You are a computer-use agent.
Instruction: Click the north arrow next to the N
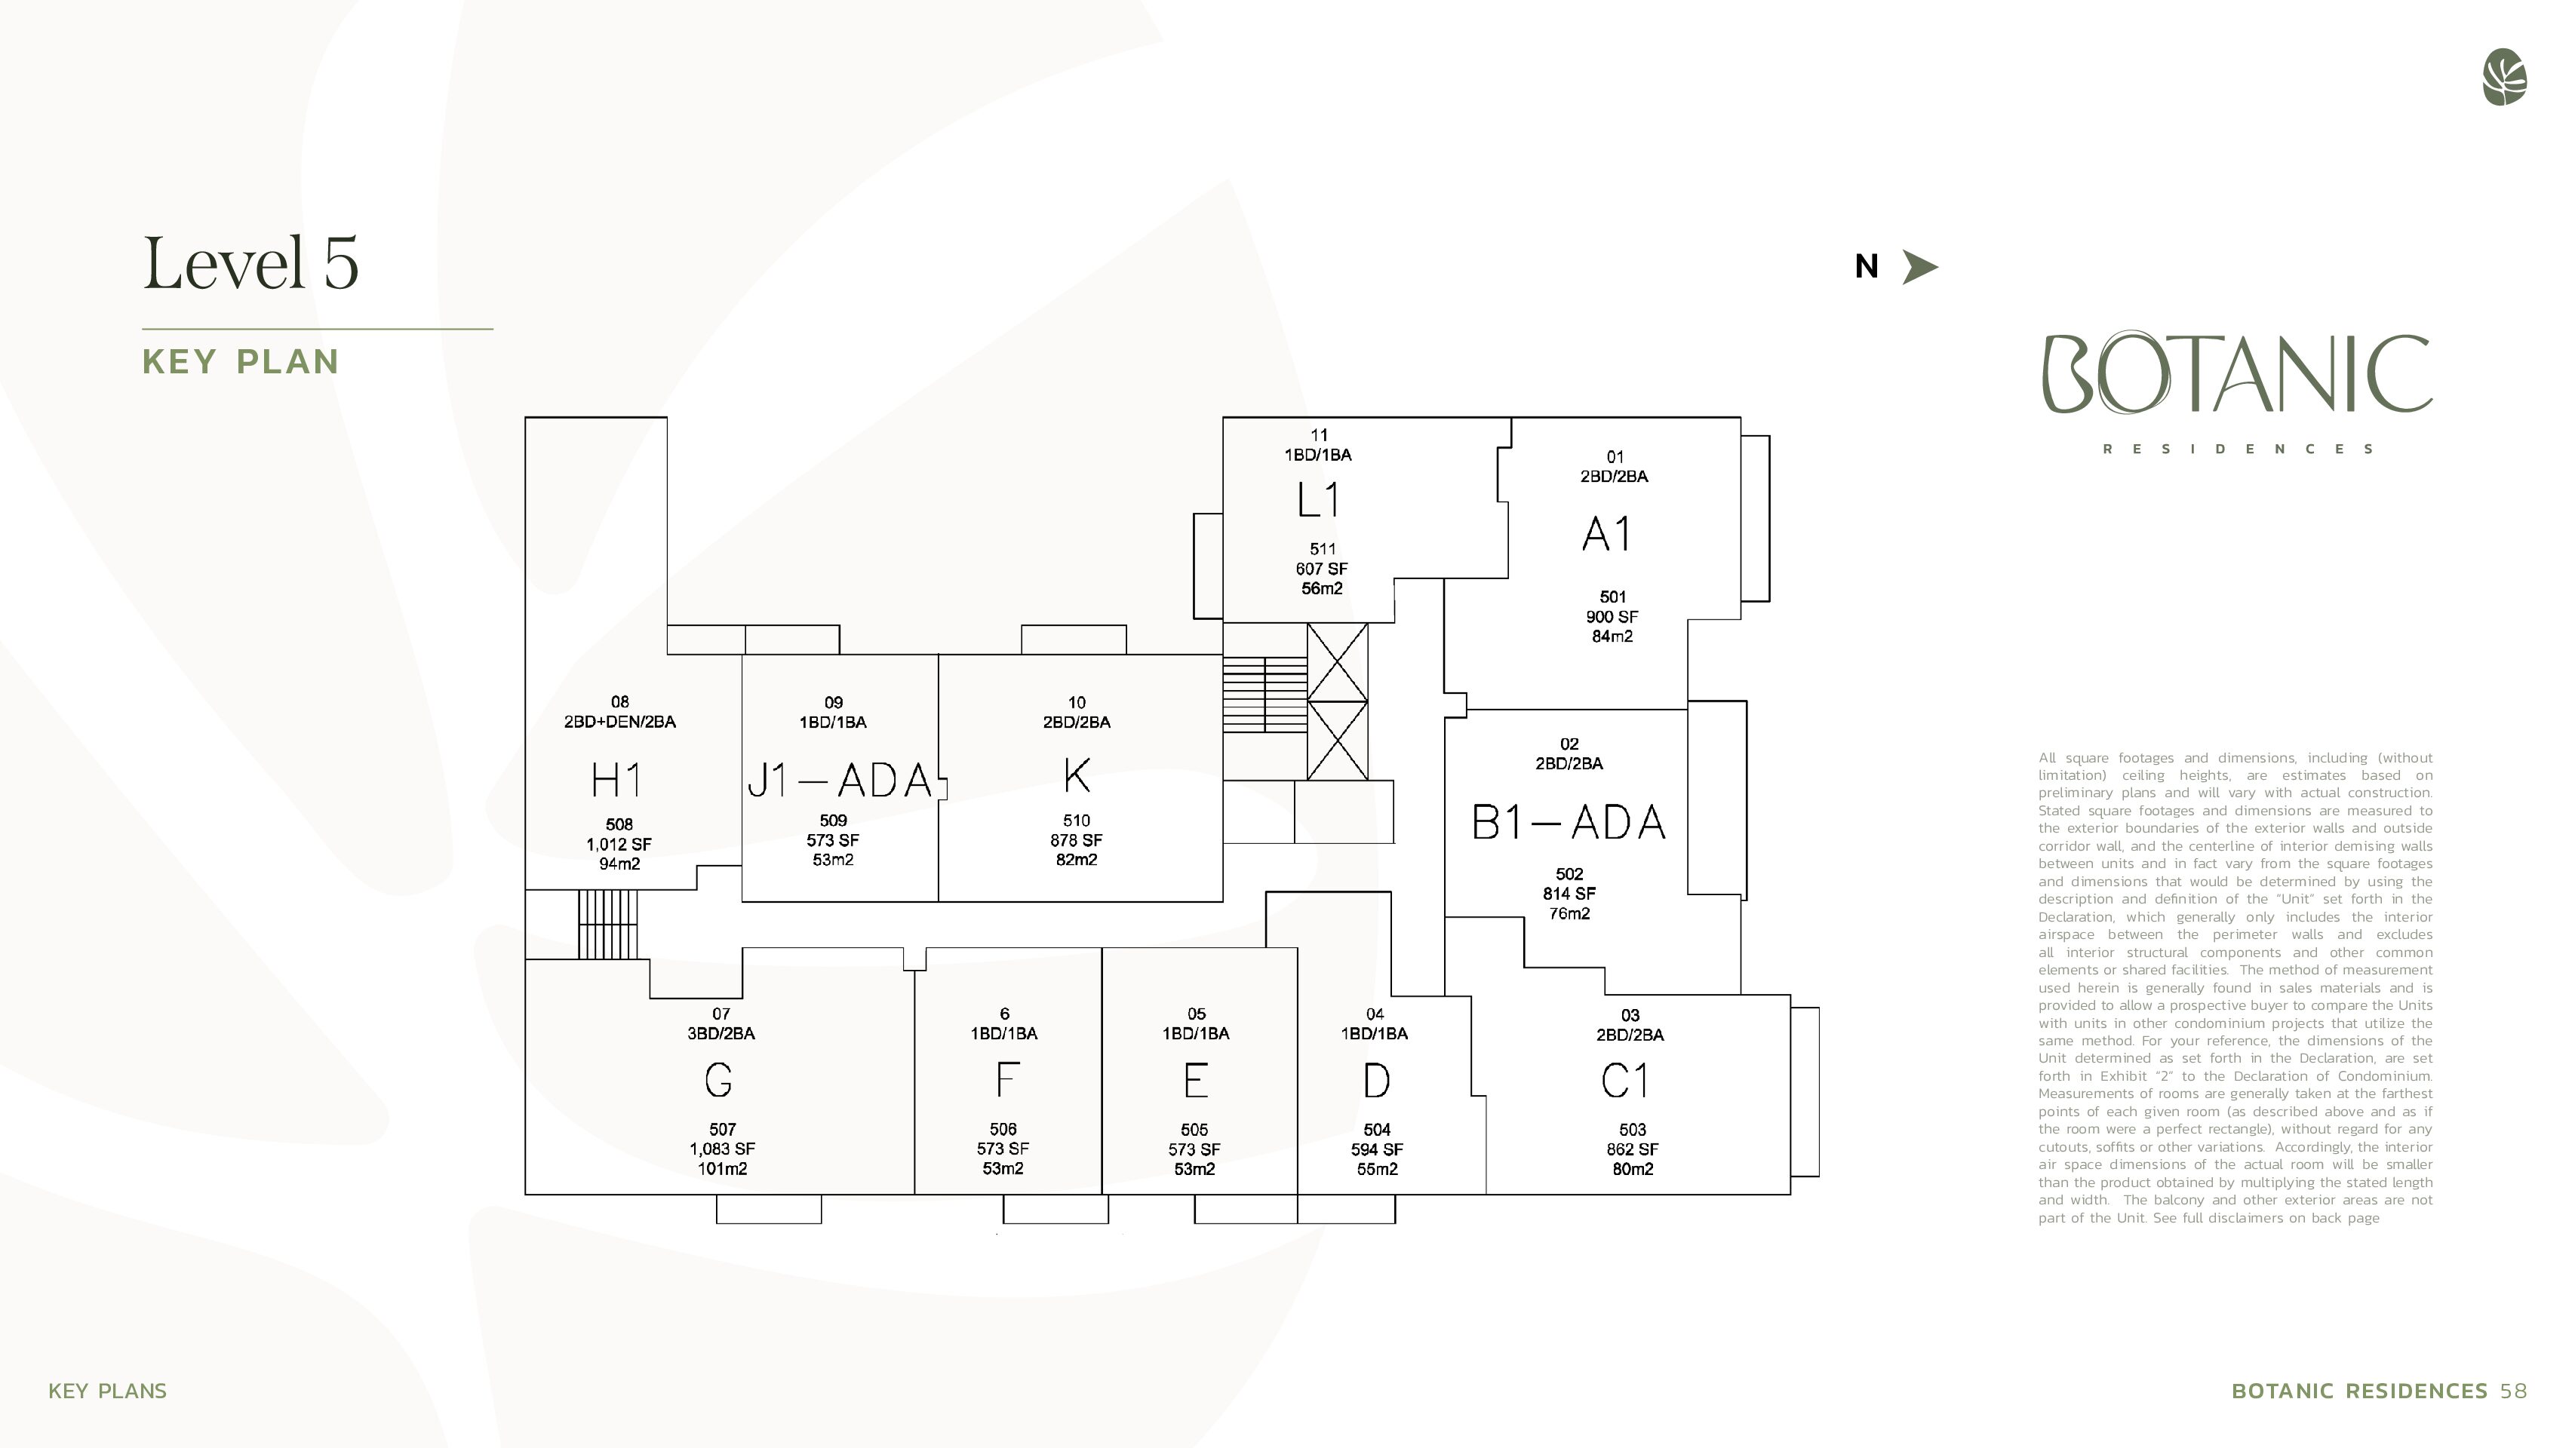click(x=1919, y=267)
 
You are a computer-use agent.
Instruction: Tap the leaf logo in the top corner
click(x=2504, y=77)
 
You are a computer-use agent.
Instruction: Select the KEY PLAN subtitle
click(x=241, y=362)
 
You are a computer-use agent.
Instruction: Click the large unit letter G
click(x=719, y=1079)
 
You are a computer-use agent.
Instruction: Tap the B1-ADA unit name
click(x=1569, y=823)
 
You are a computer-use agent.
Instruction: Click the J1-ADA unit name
click(x=840, y=781)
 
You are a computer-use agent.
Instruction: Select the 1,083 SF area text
click(x=722, y=1149)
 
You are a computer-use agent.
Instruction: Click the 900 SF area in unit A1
click(x=1612, y=617)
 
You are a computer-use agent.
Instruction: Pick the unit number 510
click(x=1077, y=821)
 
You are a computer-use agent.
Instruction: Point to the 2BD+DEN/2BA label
click(x=619, y=722)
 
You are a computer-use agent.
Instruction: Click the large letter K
click(x=1077, y=775)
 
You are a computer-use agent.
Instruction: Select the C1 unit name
click(x=1625, y=1080)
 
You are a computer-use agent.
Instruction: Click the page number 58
click(x=2513, y=1391)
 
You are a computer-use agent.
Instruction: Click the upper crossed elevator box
click(x=1338, y=661)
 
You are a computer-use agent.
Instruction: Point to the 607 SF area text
click(x=1322, y=569)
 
